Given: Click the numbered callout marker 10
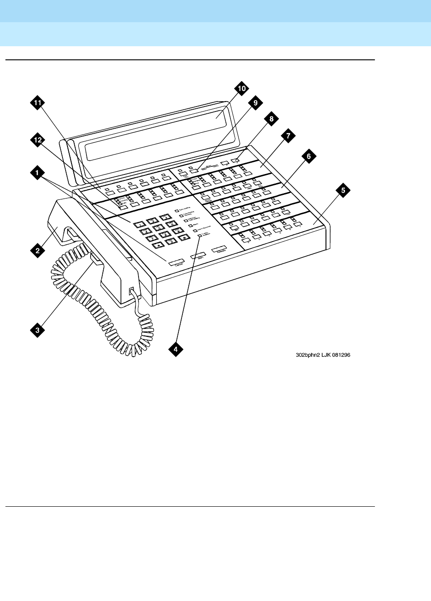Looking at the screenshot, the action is click(241, 89).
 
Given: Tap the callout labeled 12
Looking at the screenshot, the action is click(38, 142).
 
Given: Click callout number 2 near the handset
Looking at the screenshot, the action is click(38, 248).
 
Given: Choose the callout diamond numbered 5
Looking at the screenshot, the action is click(343, 191).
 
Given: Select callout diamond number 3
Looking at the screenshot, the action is click(38, 330).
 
